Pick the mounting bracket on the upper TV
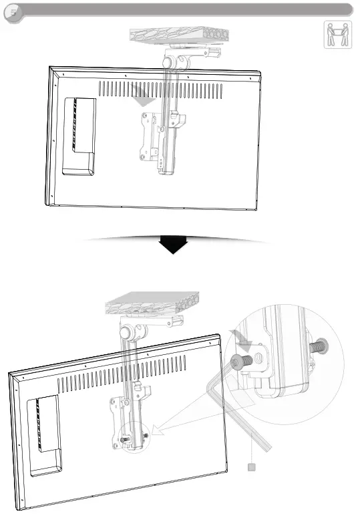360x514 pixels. point(152,137)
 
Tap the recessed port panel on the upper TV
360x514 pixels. point(79,134)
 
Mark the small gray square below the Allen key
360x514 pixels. point(252,467)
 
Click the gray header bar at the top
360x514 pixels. point(187,9)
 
